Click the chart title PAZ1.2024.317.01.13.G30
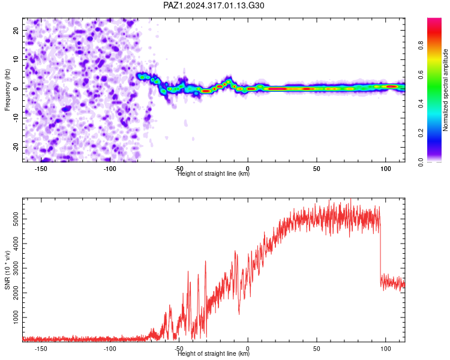point(214,5)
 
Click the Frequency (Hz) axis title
point(7,90)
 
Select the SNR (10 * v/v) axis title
point(7,270)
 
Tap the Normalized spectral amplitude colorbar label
point(445,90)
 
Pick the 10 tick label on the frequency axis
point(16,59)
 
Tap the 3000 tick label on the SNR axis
point(16,268)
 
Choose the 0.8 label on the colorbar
point(421,46)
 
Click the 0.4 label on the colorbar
point(421,104)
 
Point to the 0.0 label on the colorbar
point(421,162)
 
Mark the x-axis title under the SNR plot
point(214,353)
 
